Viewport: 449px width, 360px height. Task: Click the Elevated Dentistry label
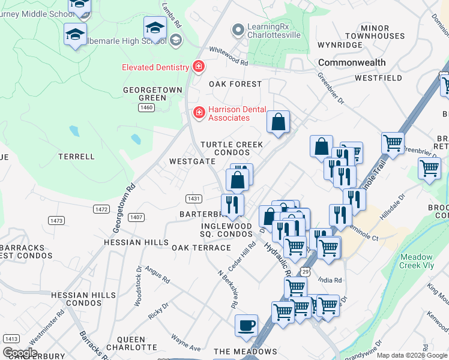click(x=155, y=67)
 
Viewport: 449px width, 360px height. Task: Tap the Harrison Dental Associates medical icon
click(x=198, y=112)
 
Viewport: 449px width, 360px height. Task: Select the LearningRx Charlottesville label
click(x=274, y=30)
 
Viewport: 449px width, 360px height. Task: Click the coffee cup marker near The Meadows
click(x=246, y=326)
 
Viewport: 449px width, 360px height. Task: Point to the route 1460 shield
click(x=146, y=107)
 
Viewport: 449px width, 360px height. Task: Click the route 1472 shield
click(x=101, y=209)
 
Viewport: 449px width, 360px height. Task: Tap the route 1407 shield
click(x=136, y=217)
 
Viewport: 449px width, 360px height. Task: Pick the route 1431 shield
click(x=193, y=199)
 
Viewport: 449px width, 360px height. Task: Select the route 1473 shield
click(x=57, y=221)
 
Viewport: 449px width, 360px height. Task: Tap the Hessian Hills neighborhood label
click(x=136, y=242)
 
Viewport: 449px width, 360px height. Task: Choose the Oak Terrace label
click(x=201, y=248)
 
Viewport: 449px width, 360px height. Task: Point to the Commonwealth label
click(x=352, y=62)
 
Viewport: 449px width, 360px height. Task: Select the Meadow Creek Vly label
click(x=420, y=261)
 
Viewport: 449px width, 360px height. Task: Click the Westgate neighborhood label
click(x=192, y=161)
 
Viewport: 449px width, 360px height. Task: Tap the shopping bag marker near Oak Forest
click(x=279, y=122)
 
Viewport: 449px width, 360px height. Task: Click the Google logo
click(x=20, y=353)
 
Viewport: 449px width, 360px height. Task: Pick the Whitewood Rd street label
click(x=228, y=56)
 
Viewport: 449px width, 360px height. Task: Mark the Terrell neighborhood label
click(x=76, y=157)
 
